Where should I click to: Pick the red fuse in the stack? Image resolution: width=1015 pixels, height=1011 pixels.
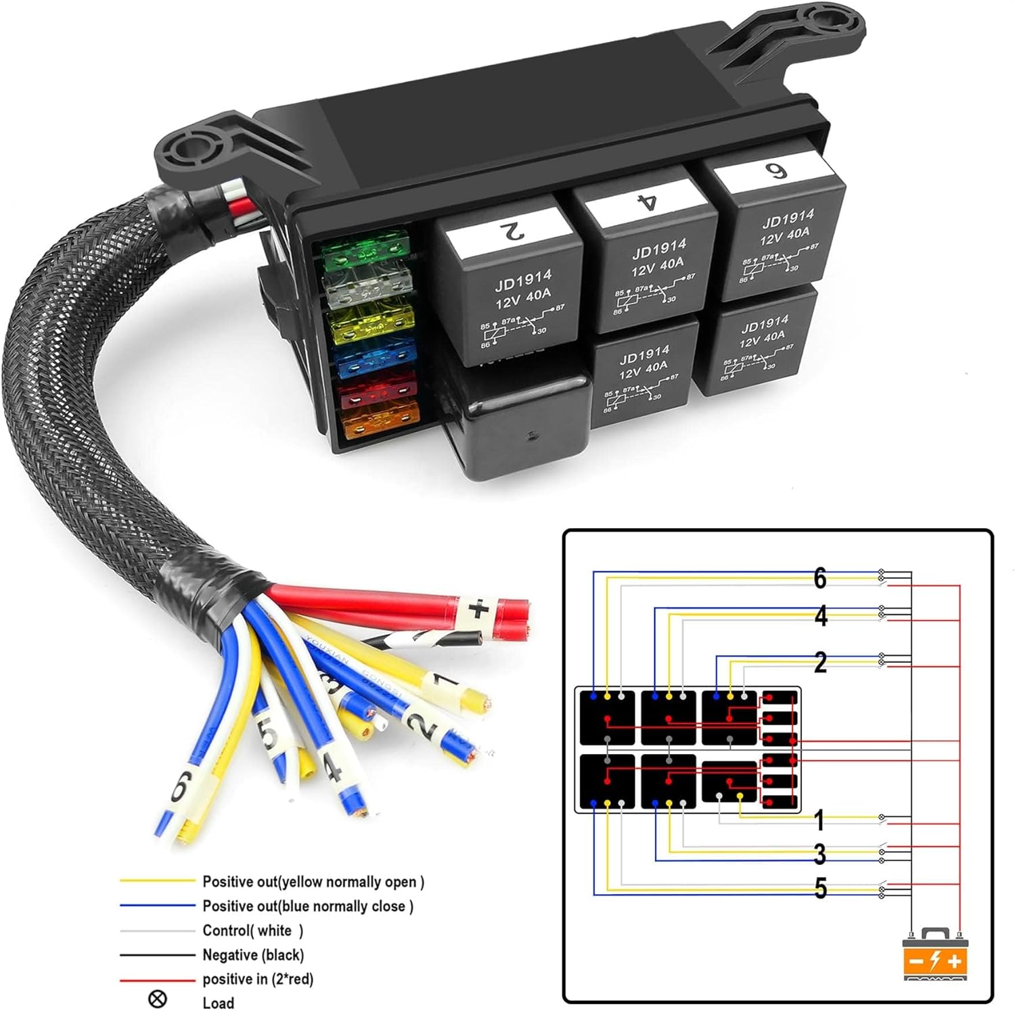tap(378, 393)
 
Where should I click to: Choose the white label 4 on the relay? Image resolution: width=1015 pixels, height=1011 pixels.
tap(646, 202)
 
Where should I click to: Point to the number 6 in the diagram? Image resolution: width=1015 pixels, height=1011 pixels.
tap(820, 578)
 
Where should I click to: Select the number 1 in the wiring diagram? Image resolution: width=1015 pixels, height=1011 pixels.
tap(819, 820)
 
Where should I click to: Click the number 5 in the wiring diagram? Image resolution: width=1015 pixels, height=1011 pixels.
tap(820, 889)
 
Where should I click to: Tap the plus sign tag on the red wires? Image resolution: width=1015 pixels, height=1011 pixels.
tap(478, 611)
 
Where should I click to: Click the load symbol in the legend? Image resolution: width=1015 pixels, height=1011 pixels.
tap(157, 999)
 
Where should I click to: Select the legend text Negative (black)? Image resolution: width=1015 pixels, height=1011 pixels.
tap(253, 955)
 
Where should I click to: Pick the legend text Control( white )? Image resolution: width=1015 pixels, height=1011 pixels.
tap(253, 931)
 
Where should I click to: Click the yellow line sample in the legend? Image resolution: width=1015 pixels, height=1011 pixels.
tap(157, 881)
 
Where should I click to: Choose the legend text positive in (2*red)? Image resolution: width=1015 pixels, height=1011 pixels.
tap(258, 979)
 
